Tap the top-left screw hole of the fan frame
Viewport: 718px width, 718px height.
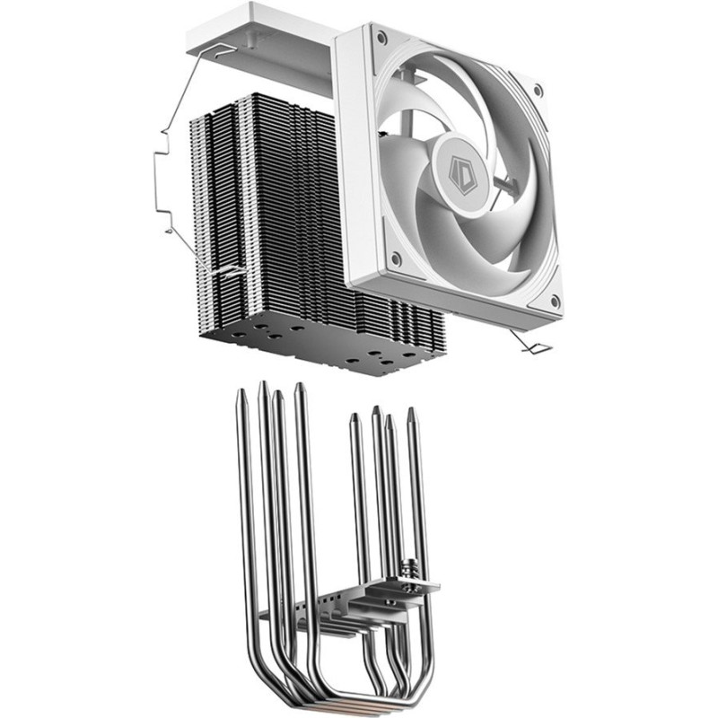tap(381, 38)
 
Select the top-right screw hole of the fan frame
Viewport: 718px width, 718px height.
tap(537, 91)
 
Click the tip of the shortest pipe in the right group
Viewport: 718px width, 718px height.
tap(355, 416)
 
